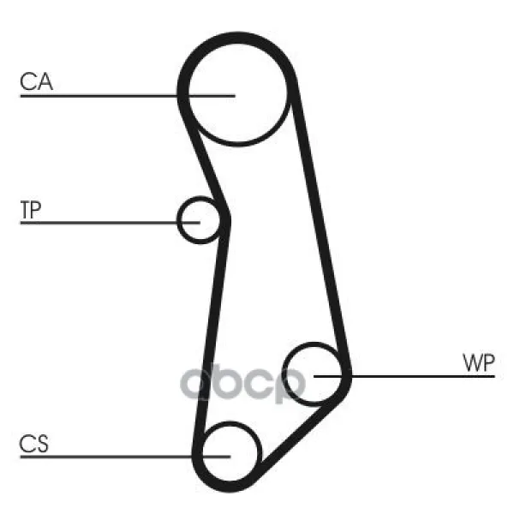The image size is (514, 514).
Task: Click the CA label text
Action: tap(36, 81)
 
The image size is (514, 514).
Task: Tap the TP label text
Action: tap(31, 210)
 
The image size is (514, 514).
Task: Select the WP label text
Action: tap(478, 363)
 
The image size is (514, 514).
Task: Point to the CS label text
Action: tap(33, 444)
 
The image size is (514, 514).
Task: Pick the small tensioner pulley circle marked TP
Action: tap(179, 220)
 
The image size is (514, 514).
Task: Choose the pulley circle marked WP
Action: tap(284, 374)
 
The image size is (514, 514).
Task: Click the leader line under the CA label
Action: tap(128, 96)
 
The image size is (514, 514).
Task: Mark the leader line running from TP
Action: tap(111, 223)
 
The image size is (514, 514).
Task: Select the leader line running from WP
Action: tap(404, 376)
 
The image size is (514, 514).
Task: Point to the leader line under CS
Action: tap(125, 457)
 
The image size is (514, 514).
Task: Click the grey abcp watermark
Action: tap(243, 383)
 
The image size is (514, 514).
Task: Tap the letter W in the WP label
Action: tap(472, 363)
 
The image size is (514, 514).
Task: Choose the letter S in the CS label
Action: tap(42, 444)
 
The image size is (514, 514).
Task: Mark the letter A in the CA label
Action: tap(45, 81)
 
